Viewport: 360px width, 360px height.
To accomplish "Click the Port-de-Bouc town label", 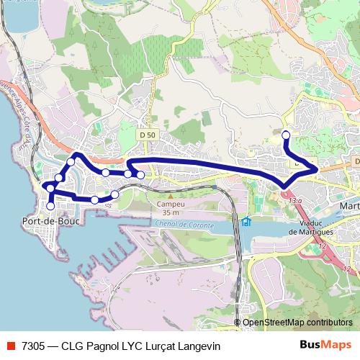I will pos(51,221).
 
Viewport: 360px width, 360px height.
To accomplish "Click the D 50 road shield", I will pos(148,135).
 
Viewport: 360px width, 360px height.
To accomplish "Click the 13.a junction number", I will pos(296,202).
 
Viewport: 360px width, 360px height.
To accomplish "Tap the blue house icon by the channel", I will pos(246,220).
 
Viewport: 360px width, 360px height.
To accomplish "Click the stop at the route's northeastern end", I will pos(286,135).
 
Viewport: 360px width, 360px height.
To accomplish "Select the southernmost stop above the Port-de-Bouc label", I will pos(50,206).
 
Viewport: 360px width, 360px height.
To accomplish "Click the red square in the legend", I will pos(11,345).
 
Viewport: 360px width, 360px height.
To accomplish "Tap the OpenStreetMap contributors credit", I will pos(297,323).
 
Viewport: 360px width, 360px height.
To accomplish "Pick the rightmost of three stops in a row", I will pos(140,175).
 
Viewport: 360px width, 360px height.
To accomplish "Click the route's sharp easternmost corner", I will pos(317,169).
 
